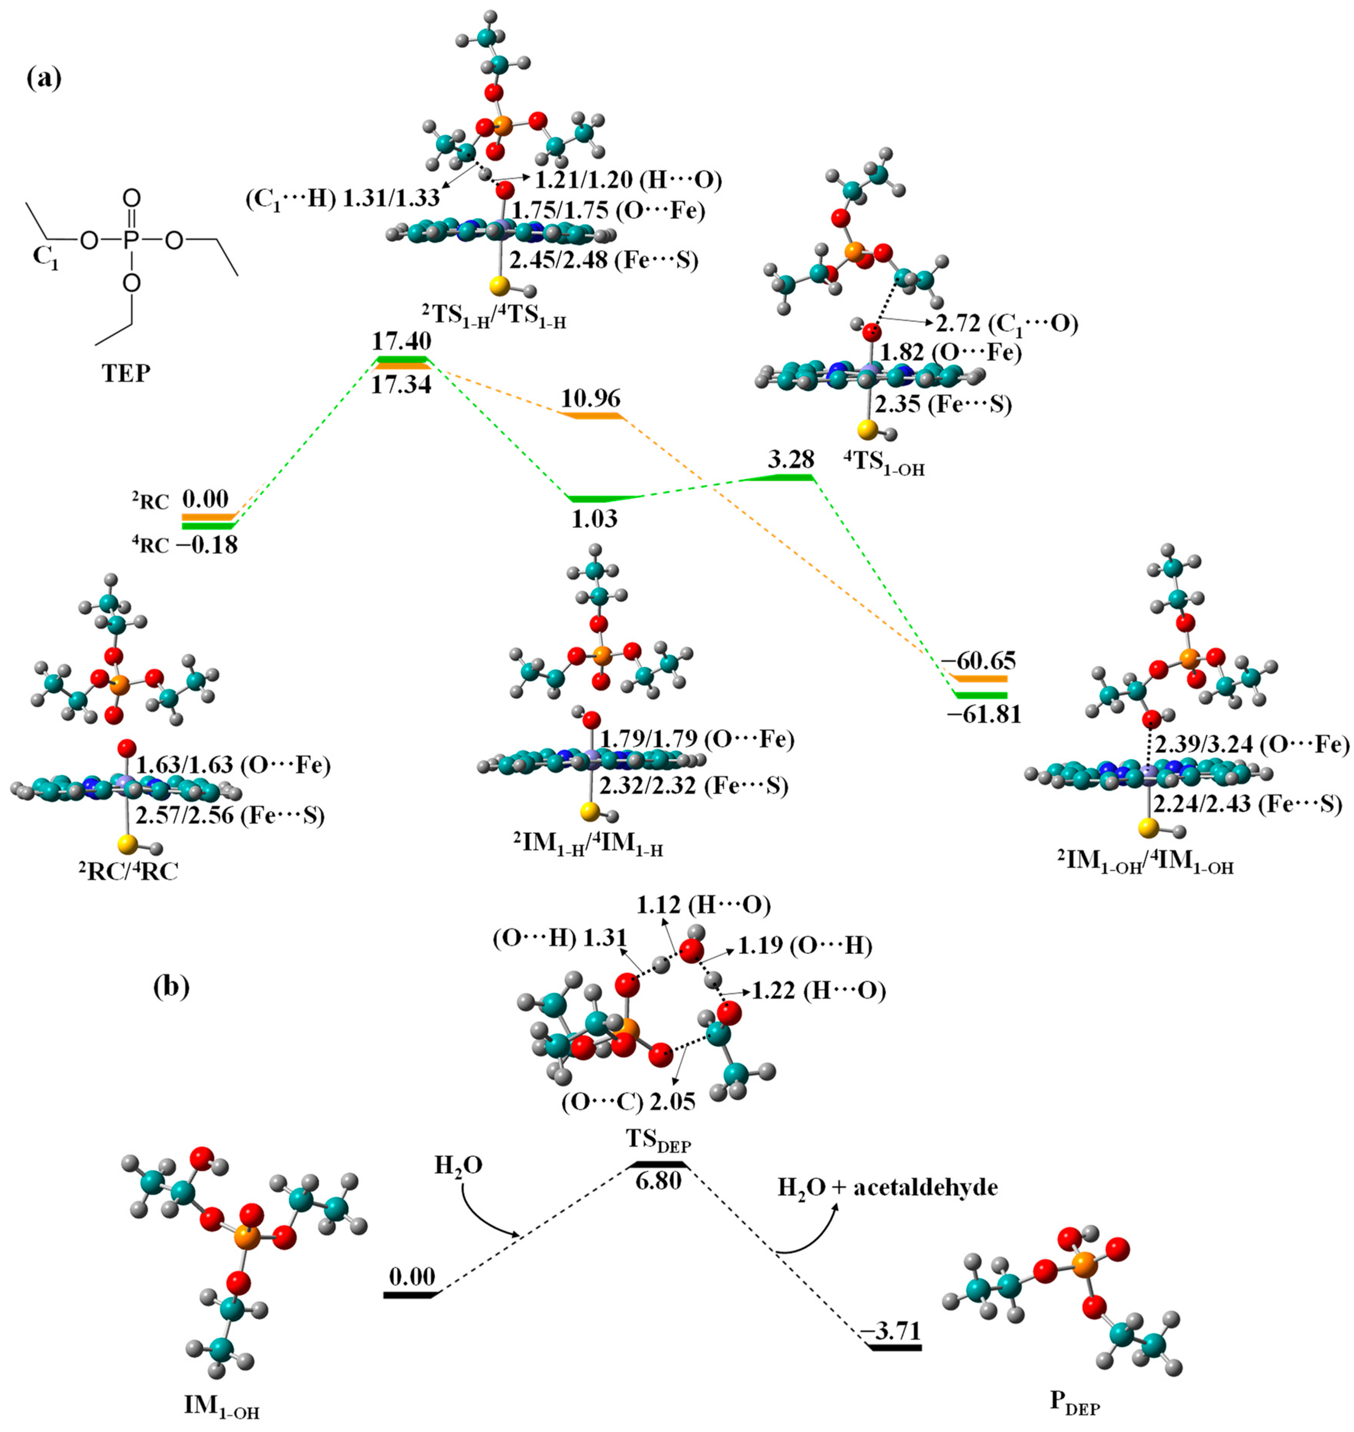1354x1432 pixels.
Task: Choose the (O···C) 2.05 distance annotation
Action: (x=628, y=1101)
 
